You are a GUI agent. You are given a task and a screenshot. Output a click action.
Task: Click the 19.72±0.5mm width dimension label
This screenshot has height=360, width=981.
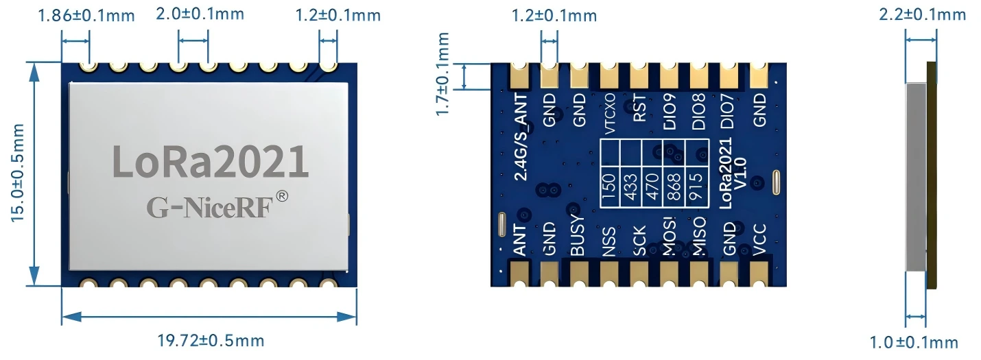coord(211,340)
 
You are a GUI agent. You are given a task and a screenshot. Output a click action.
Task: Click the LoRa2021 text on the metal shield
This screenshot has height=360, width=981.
coord(210,161)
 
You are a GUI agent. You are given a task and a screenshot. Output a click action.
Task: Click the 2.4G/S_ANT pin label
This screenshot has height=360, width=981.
coord(521,138)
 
